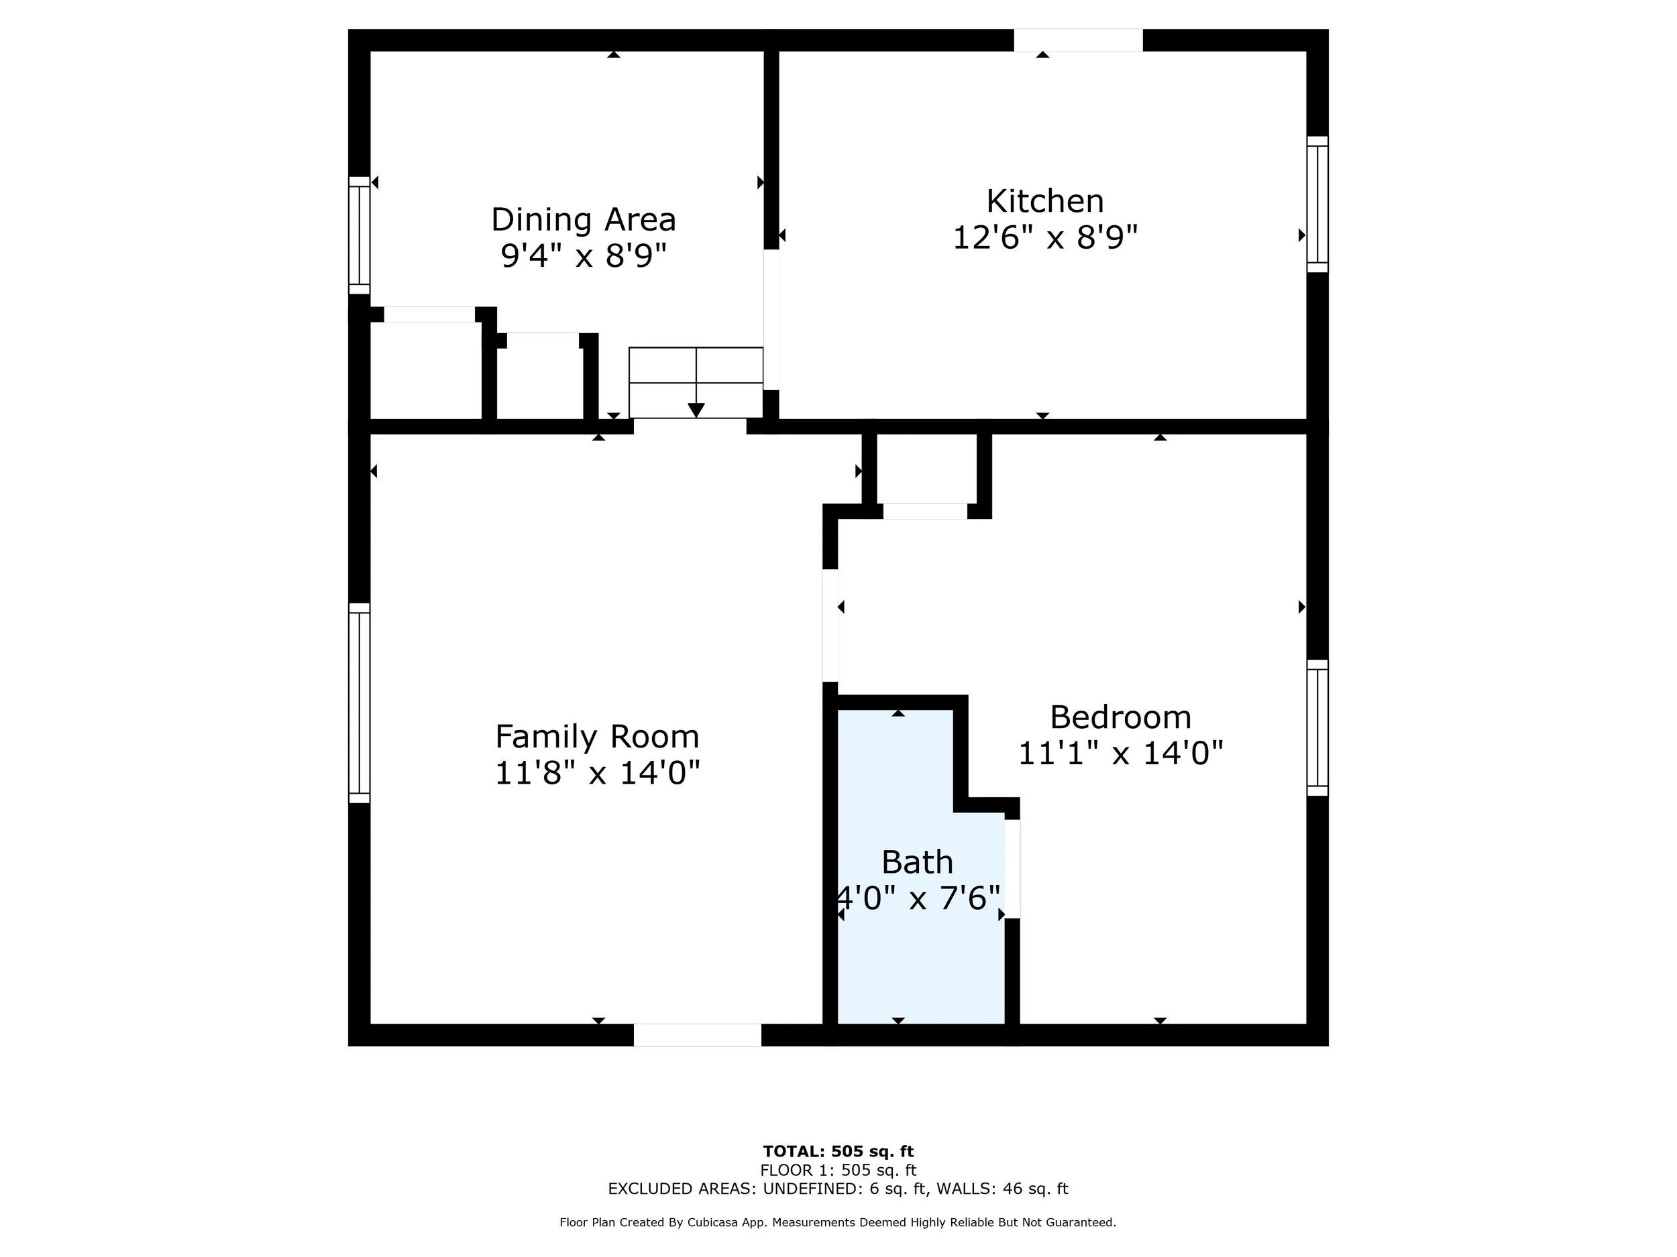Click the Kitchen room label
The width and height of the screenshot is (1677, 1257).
tap(1044, 202)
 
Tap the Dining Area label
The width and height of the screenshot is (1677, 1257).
tap(583, 220)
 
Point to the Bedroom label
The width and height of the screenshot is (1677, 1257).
tap(1120, 717)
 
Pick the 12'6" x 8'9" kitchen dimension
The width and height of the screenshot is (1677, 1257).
tap(1044, 238)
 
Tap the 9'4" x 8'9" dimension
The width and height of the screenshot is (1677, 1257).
tap(583, 256)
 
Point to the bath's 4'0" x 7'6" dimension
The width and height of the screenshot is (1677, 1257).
tap(918, 898)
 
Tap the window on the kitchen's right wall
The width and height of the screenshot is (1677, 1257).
tap(1317, 204)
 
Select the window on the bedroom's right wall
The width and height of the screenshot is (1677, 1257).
tap(1317, 727)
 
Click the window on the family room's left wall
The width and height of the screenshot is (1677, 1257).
tap(360, 703)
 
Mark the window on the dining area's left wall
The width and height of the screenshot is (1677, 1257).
tap(360, 235)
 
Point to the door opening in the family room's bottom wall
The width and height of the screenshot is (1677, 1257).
tap(698, 1035)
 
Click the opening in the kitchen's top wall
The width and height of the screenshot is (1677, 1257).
tap(1079, 40)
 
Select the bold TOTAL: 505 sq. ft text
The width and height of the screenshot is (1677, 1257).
tap(838, 1152)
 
